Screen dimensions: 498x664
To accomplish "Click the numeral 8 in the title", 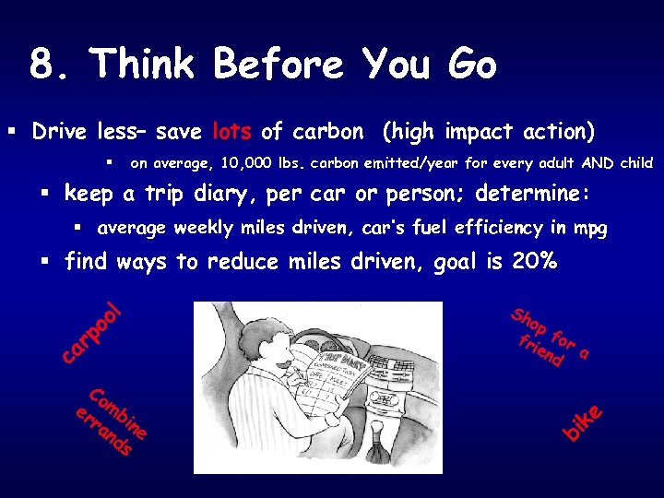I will coord(40,65).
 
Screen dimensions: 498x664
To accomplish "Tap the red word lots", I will coord(234,132).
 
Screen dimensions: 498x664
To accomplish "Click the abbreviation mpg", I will coord(589,229).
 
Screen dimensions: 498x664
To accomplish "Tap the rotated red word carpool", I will coord(90,331).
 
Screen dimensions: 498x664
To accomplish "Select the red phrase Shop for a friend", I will coord(549,338).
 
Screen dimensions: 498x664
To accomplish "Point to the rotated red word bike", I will coord(585,421).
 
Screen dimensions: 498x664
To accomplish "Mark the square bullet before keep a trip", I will coord(43,196).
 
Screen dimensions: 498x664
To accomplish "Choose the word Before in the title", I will coord(278,65).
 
